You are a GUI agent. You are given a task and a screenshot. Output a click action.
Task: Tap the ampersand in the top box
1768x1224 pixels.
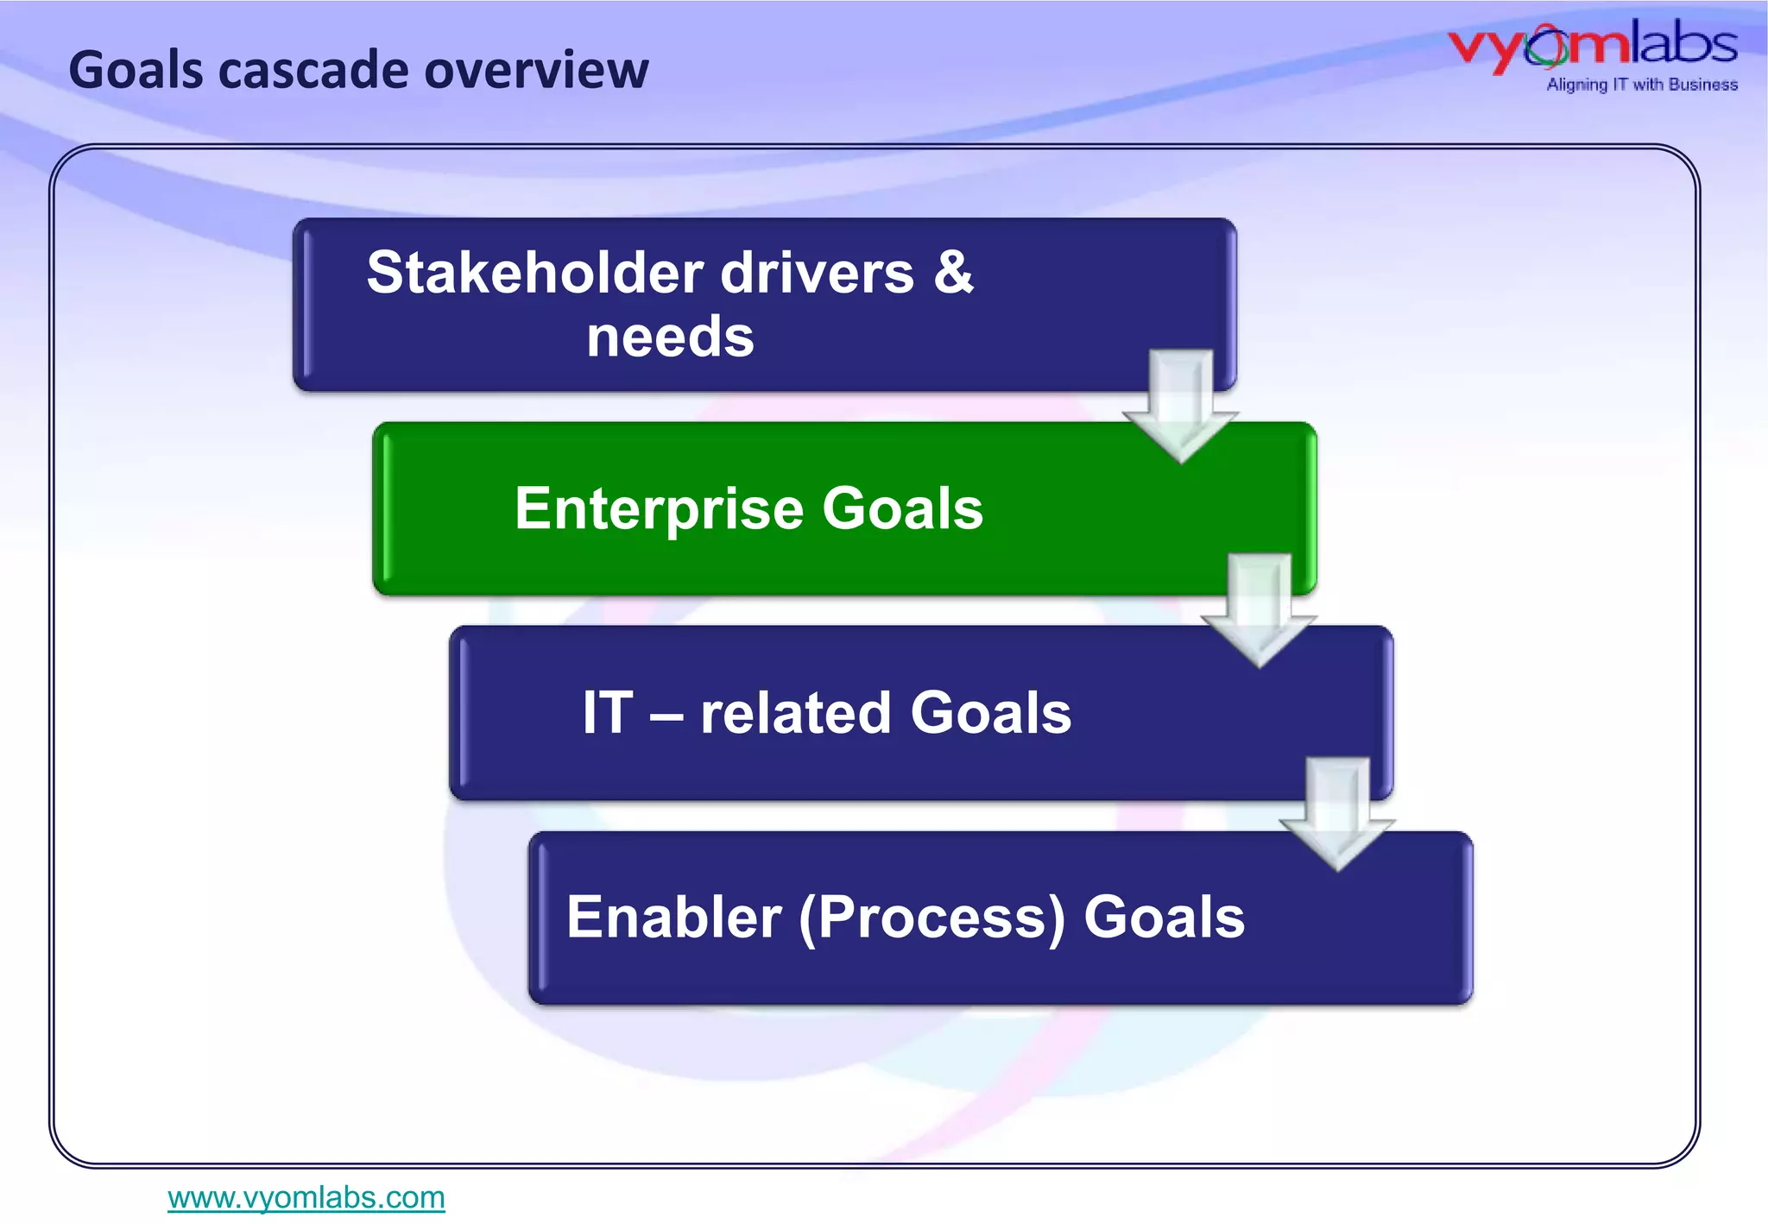pyautogui.click(x=953, y=273)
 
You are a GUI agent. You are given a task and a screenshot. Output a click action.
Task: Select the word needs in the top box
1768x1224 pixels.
pyautogui.click(x=670, y=337)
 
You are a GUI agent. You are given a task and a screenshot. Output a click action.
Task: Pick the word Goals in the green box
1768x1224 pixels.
pyautogui.click(x=902, y=508)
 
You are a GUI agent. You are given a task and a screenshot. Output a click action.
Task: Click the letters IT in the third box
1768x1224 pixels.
pyautogui.click(x=608, y=713)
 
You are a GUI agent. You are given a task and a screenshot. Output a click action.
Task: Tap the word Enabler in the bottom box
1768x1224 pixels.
pyautogui.click(x=674, y=917)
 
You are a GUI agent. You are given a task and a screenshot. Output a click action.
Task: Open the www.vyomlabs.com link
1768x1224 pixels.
pyautogui.click(x=306, y=1197)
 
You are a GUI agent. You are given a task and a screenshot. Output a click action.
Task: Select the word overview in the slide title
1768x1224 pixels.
pyautogui.click(x=536, y=70)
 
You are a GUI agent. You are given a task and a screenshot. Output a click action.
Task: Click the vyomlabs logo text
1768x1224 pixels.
pyautogui.click(x=1593, y=46)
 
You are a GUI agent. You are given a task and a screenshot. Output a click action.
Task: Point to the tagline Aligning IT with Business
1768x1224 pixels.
pyautogui.click(x=1642, y=85)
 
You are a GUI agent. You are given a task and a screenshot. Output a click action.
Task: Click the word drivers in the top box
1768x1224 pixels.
pyautogui.click(x=817, y=273)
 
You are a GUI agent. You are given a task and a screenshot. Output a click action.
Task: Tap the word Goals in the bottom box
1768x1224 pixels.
pyautogui.click(x=1164, y=917)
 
